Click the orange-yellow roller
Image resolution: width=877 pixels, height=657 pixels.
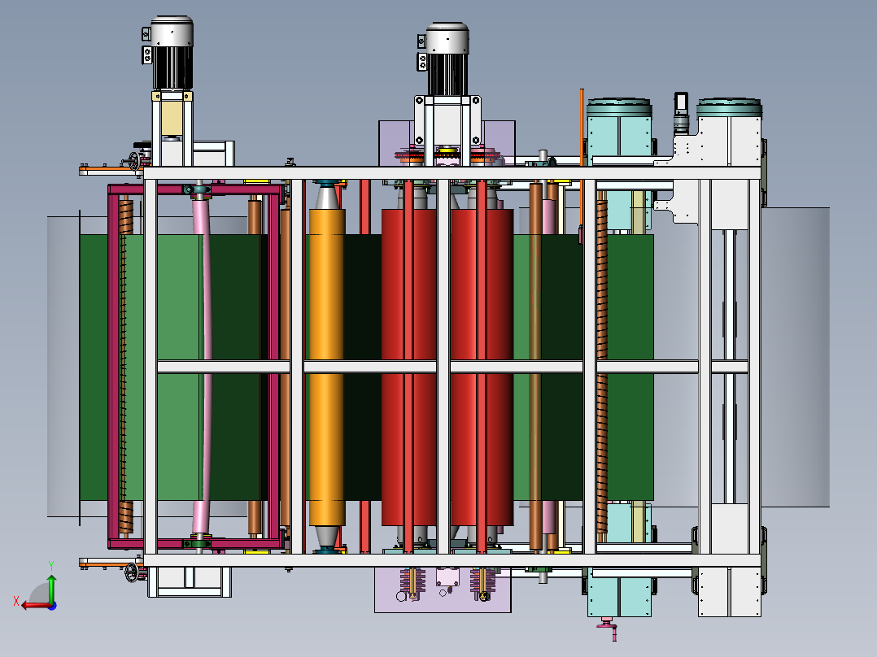point(327,366)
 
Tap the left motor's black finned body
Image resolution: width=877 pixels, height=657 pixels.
point(172,67)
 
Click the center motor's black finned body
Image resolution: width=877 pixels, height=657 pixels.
point(447,74)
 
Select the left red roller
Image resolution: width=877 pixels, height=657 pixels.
point(409,366)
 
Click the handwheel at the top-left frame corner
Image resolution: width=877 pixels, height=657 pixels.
point(135,162)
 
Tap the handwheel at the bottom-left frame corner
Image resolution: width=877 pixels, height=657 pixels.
point(132,572)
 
